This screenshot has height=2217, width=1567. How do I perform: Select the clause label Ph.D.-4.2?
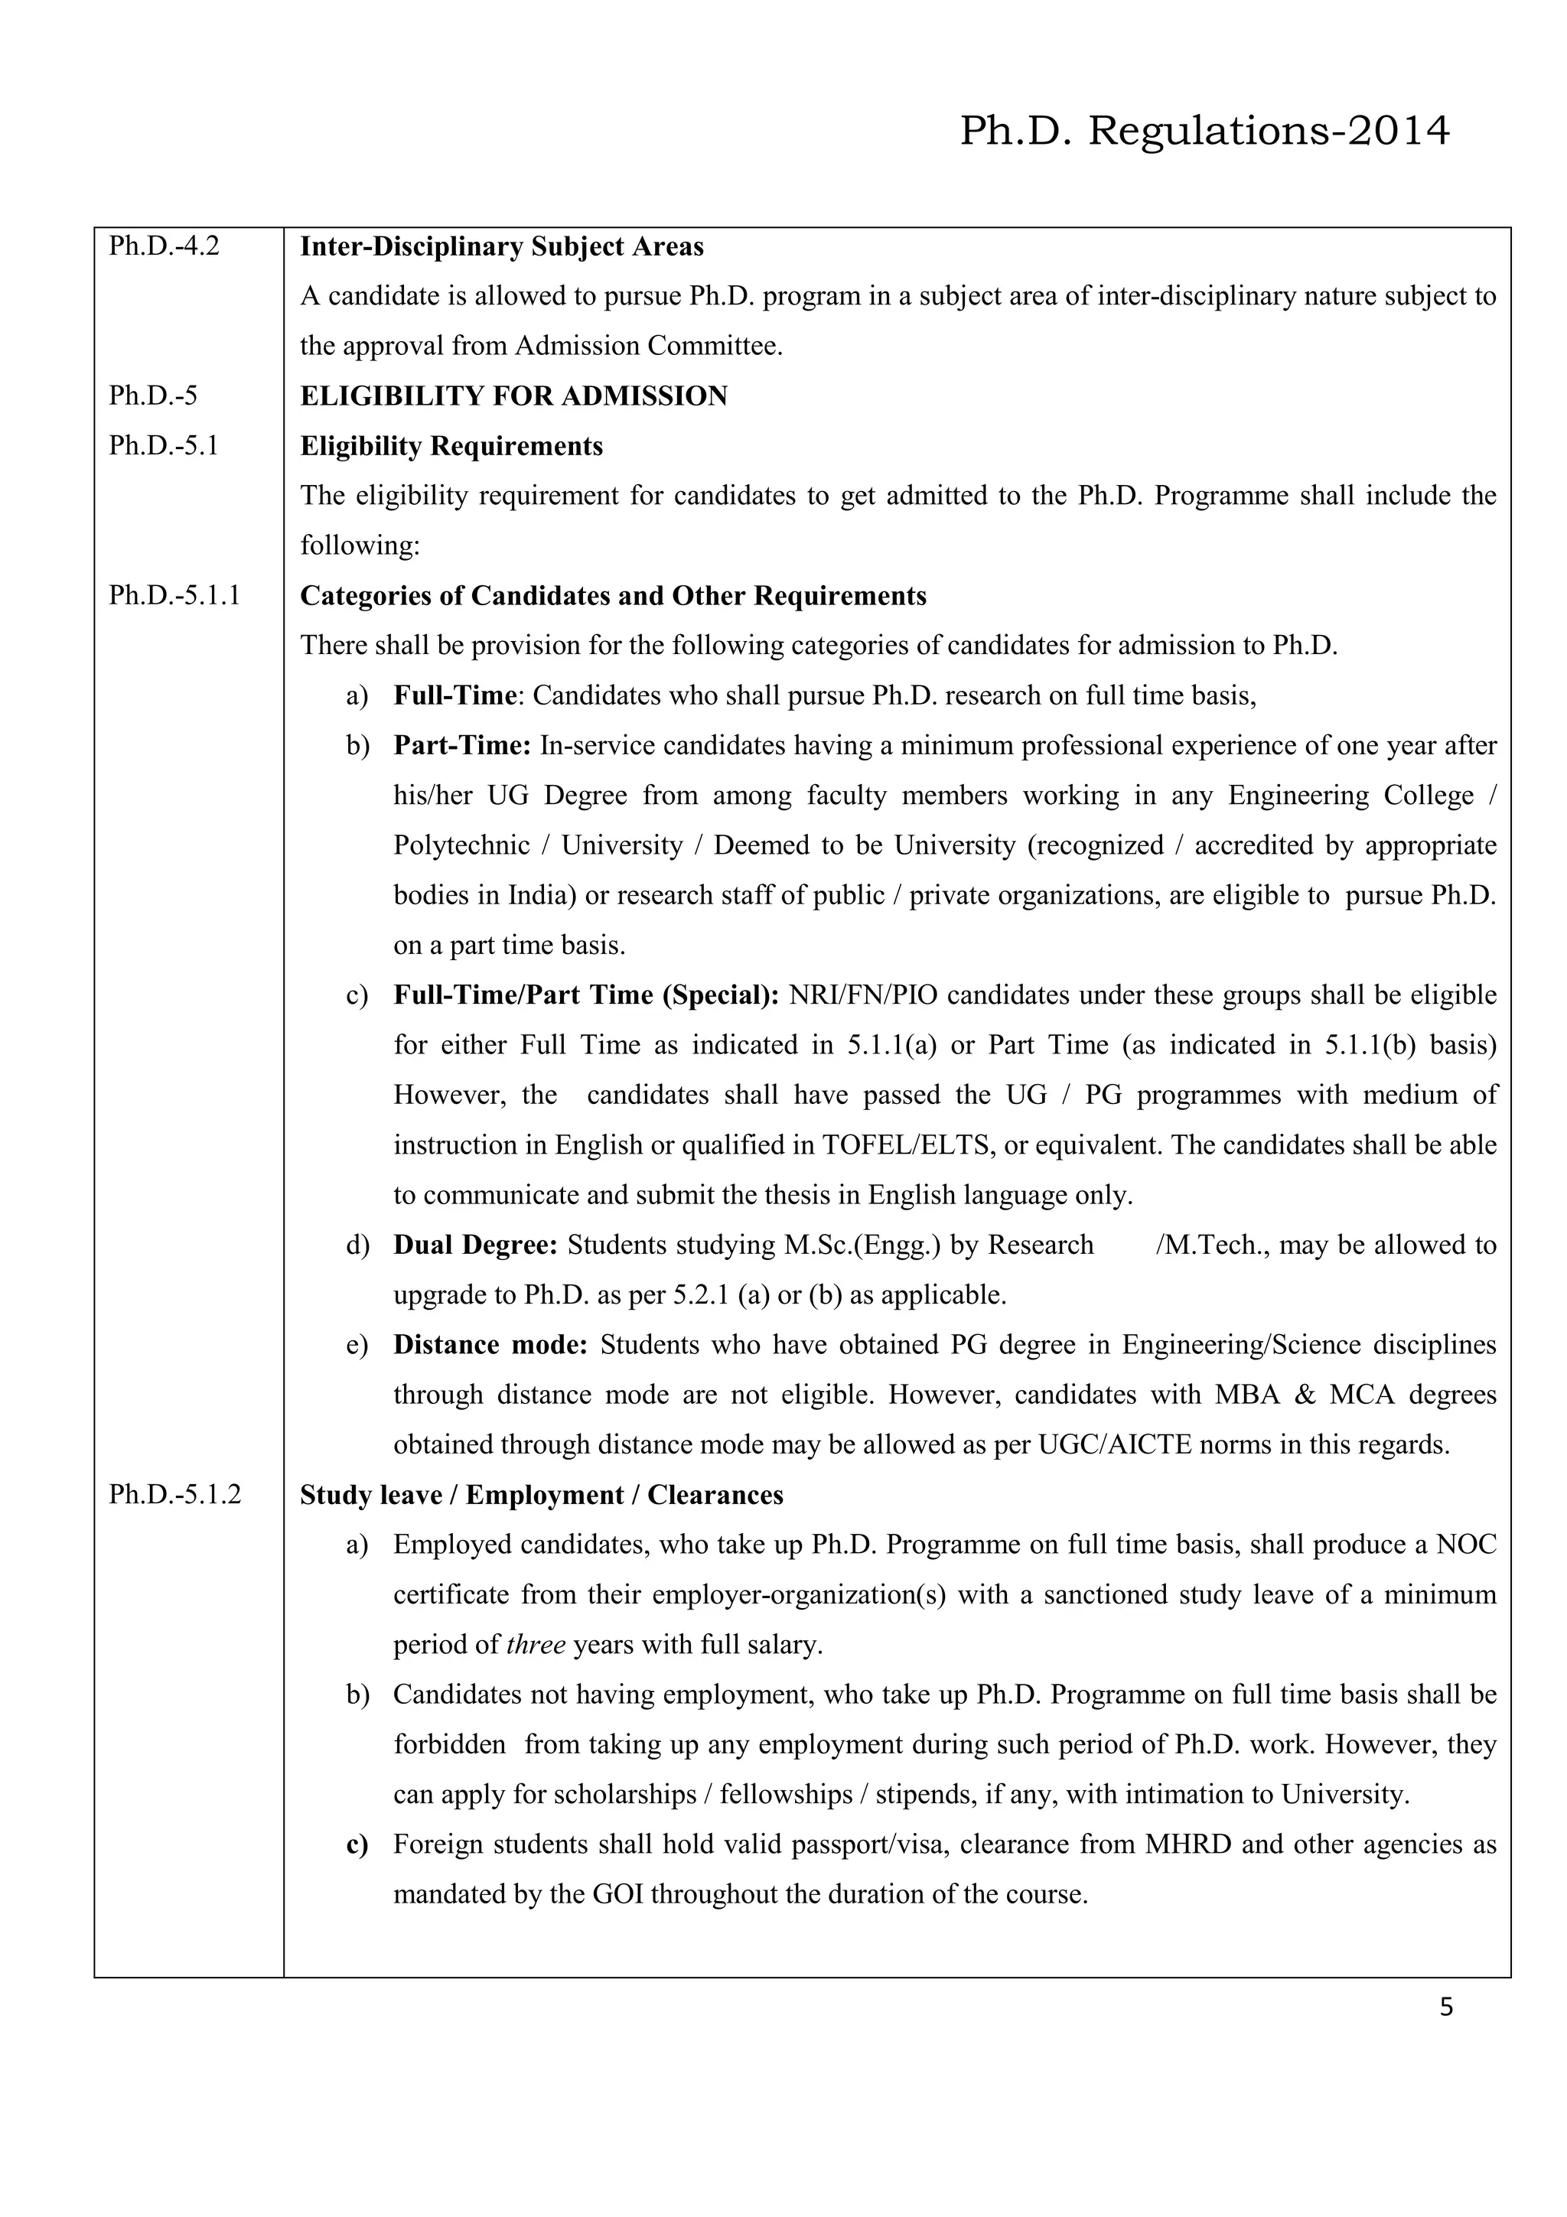coord(165,246)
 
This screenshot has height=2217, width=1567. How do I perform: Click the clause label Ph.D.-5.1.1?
coord(174,596)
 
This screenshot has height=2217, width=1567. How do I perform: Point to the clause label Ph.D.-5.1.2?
coord(174,1495)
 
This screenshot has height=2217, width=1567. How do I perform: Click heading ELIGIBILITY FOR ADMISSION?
coord(513,396)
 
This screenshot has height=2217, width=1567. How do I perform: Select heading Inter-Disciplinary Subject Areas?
coord(502,246)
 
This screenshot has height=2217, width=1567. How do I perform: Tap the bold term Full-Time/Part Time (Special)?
coord(586,995)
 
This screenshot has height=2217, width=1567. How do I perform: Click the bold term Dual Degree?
coord(475,1245)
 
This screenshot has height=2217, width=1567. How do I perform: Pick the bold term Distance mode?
coord(490,1345)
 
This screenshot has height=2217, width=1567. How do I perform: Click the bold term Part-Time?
coord(462,745)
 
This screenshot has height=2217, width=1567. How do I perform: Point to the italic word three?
coord(536,1645)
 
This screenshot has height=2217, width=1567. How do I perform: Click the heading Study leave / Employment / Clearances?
coord(542,1495)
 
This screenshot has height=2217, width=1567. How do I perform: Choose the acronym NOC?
coord(1466,1545)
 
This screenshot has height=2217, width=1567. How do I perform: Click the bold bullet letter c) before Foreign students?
coord(357,1844)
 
